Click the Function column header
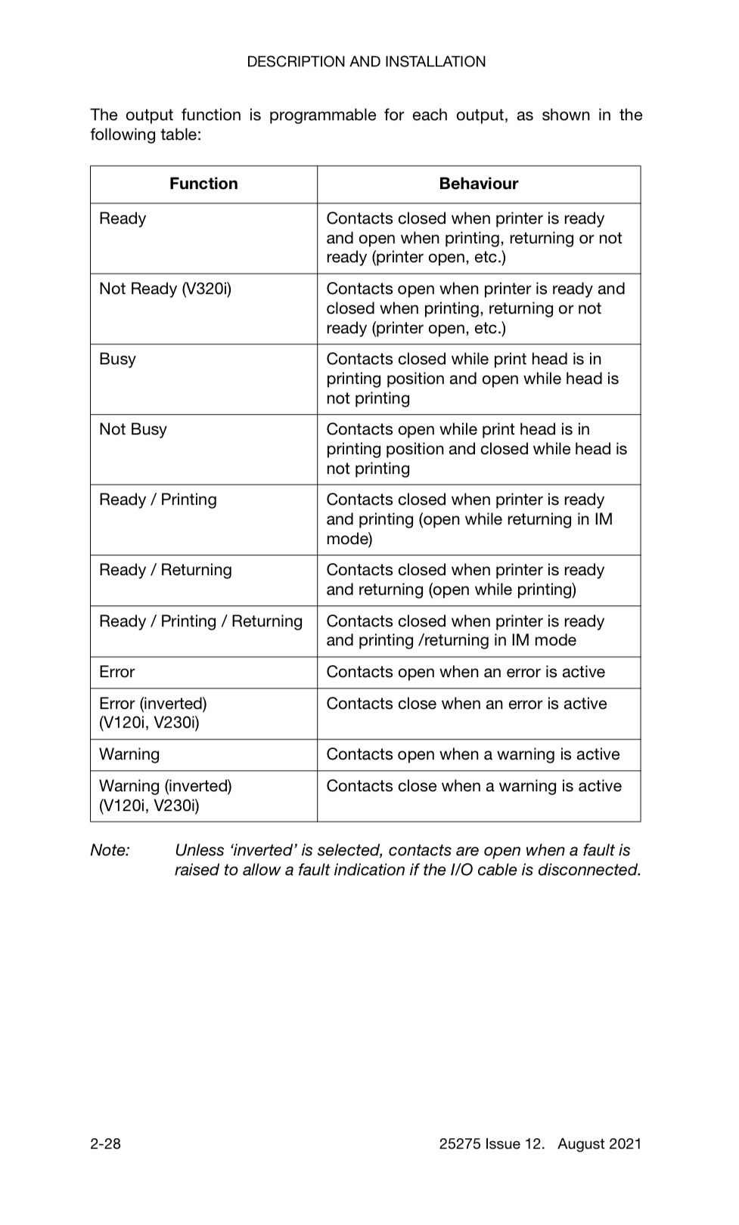[203, 184]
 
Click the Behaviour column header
[479, 184]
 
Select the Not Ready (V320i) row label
[165, 289]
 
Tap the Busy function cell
[118, 359]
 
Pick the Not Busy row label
[133, 429]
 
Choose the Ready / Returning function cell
[166, 570]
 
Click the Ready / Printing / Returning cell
[200, 621]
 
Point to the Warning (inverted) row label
[166, 796]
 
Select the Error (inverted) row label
[153, 713]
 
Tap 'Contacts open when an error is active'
[465, 672]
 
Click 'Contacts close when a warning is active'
[474, 786]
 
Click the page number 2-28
[105, 1143]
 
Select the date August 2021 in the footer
[599, 1143]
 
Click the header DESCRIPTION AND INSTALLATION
[366, 62]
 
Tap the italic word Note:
[110, 850]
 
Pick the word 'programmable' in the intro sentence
[323, 116]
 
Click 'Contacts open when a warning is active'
[473, 754]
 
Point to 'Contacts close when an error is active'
[467, 704]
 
